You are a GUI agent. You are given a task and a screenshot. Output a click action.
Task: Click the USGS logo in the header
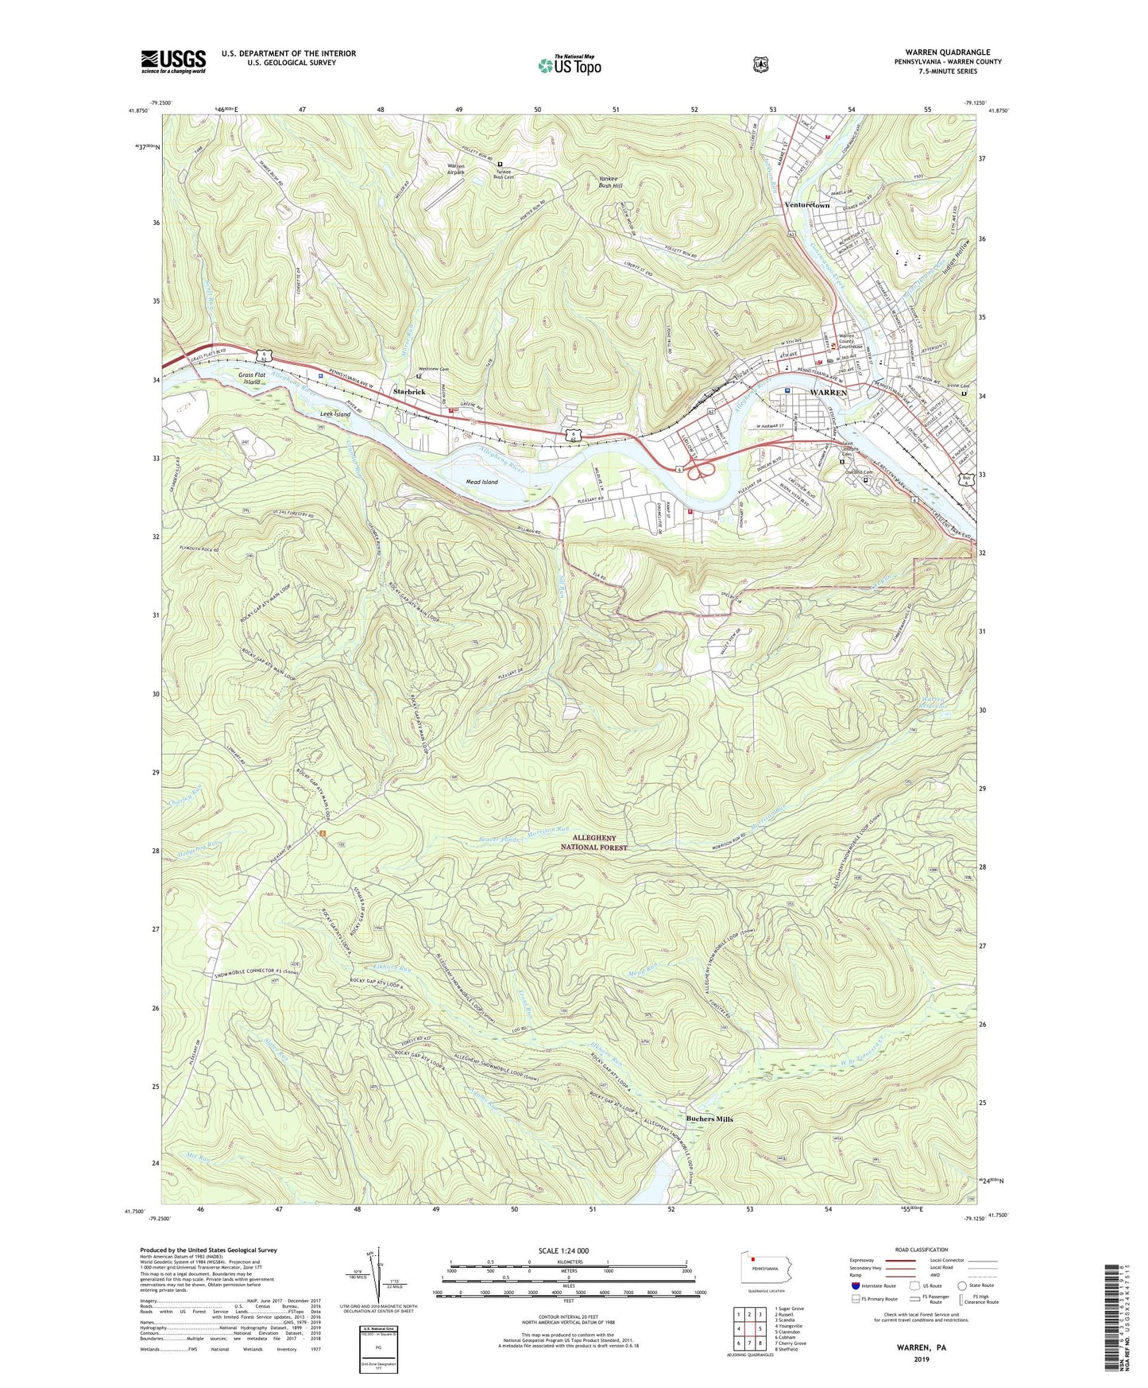pyautogui.click(x=173, y=61)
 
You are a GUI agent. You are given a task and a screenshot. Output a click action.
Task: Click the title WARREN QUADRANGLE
pyautogui.click(x=947, y=52)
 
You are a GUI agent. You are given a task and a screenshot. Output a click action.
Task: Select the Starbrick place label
pyautogui.click(x=410, y=392)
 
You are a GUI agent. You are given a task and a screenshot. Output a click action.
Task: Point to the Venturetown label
pyautogui.click(x=806, y=205)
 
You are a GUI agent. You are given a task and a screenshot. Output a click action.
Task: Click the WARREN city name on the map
pyautogui.click(x=828, y=393)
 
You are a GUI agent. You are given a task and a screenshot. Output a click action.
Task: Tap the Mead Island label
pyautogui.click(x=481, y=482)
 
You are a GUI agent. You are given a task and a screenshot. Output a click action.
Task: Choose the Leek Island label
pyautogui.click(x=334, y=414)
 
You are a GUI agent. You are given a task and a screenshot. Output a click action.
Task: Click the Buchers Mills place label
pyautogui.click(x=709, y=1119)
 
